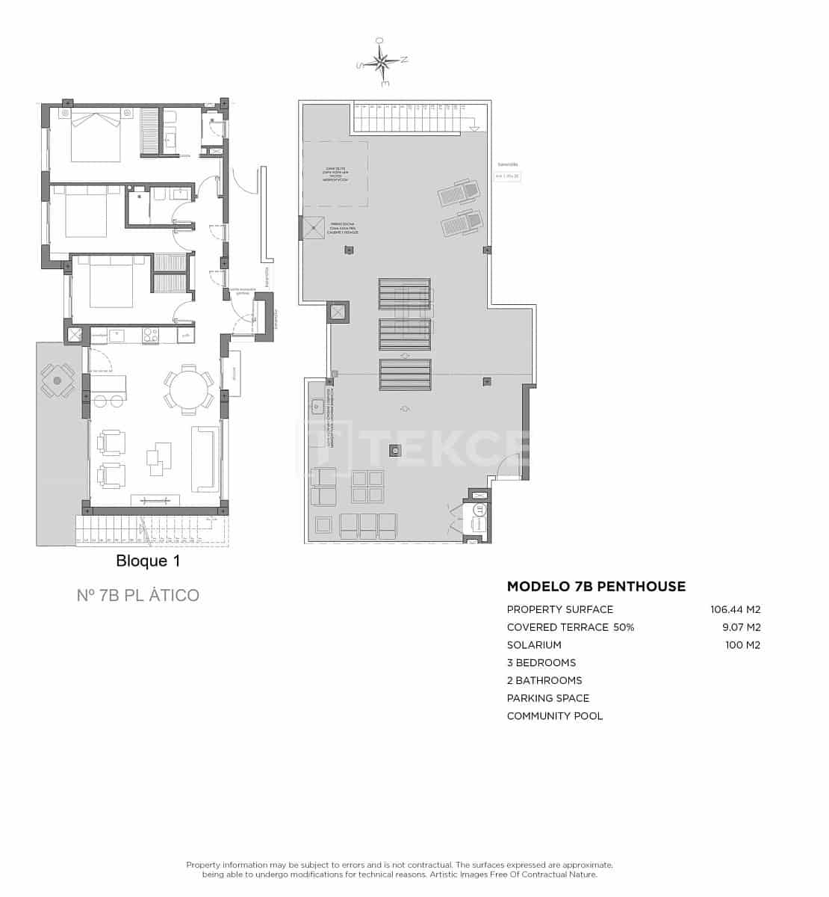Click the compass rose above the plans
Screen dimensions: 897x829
pyautogui.click(x=382, y=62)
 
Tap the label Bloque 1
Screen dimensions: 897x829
pyautogui.click(x=148, y=561)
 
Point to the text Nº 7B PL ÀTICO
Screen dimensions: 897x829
pyautogui.click(x=138, y=596)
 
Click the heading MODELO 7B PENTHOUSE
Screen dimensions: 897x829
pyautogui.click(x=596, y=587)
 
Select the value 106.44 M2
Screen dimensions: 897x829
pyautogui.click(x=735, y=610)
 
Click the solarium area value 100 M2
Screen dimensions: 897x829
pyautogui.click(x=742, y=645)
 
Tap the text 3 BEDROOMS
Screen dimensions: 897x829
pyautogui.click(x=541, y=663)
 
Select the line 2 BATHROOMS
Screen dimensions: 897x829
pyautogui.click(x=544, y=681)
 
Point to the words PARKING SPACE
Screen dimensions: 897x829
pyautogui.click(x=548, y=698)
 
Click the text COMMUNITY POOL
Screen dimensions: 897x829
pyautogui.click(x=555, y=716)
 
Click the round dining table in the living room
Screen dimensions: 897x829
pyautogui.click(x=189, y=388)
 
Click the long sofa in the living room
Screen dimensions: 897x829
pyautogui.click(x=205, y=458)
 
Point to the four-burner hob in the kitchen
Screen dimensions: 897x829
pyautogui.click(x=150, y=336)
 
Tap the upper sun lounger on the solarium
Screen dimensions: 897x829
pyautogui.click(x=458, y=193)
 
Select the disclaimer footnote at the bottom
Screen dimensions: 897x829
pyautogui.click(x=400, y=869)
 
